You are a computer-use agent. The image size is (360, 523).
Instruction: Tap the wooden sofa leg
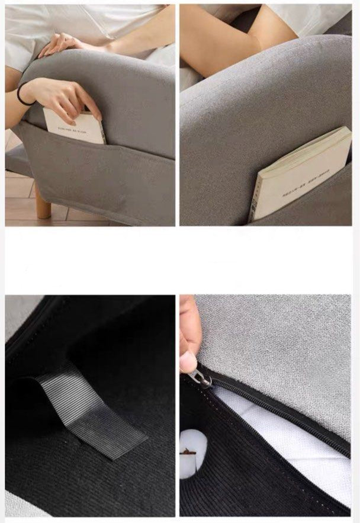click(42, 201)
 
